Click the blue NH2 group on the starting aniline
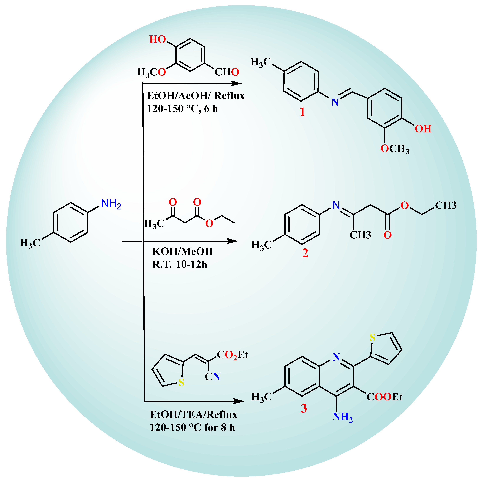coord(111,204)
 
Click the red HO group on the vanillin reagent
coord(158,39)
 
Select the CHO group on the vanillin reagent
coord(227,72)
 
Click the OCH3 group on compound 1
coord(395,149)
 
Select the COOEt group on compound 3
coord(385,397)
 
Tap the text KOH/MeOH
coord(183,251)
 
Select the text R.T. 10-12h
coord(180,264)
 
